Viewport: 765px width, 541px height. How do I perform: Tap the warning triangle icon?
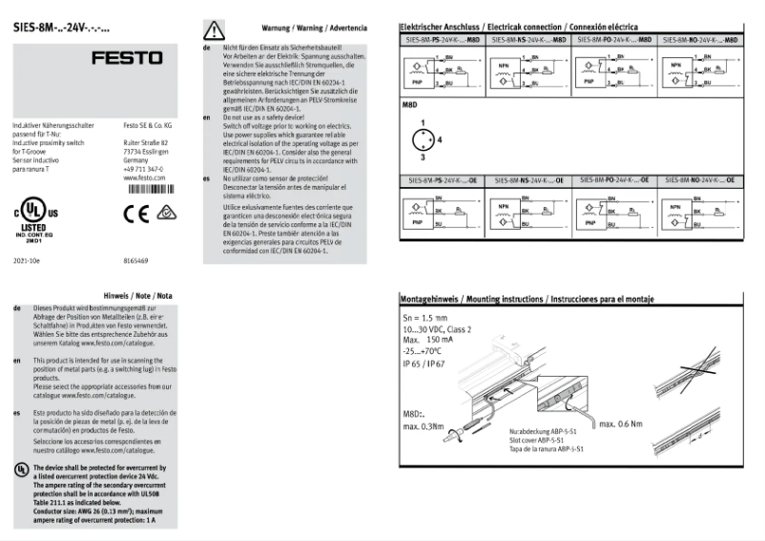coord(215,30)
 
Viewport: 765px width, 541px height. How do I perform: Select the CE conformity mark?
coord(135,213)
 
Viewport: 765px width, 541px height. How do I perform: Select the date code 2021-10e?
coord(27,260)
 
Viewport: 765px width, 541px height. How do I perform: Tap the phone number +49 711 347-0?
coord(143,169)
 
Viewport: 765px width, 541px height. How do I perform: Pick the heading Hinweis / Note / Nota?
coord(136,295)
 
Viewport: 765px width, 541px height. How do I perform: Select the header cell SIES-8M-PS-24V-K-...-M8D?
coord(443,42)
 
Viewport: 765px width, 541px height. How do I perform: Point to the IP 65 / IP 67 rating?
coord(424,363)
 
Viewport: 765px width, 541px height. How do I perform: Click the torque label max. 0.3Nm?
coord(424,426)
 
